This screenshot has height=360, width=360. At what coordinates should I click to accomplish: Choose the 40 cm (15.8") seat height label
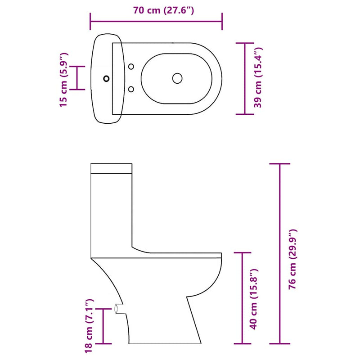coord(254,298)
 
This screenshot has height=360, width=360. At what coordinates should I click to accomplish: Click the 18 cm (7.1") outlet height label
coord(88,325)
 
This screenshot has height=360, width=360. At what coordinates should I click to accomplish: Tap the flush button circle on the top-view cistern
coord(106,78)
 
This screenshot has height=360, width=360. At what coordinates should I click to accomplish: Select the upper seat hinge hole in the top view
coord(131,67)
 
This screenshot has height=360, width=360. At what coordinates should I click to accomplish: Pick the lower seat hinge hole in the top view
coord(131,89)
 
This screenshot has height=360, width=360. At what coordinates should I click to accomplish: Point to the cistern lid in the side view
coord(112,168)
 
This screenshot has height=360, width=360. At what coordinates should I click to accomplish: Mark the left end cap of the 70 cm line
coord(90,21)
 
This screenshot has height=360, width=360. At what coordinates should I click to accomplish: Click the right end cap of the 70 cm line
coord(221,21)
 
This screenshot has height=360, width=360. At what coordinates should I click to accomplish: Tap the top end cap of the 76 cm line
coord(281,164)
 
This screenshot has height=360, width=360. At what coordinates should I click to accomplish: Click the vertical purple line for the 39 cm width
coord(244,79)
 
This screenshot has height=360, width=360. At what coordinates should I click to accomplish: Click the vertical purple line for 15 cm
coord(77,78)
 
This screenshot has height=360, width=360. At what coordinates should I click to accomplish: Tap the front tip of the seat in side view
coord(221,255)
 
